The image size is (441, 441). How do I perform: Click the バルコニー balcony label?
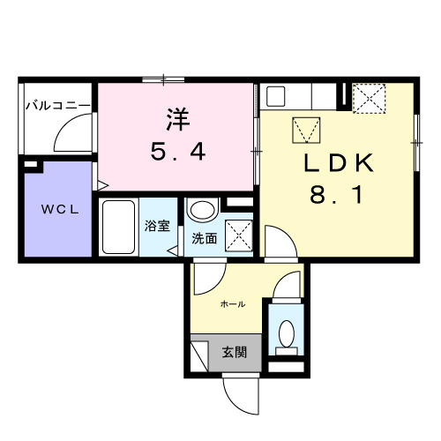(x=57, y=105)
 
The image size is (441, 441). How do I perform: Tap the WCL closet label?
(x=56, y=211)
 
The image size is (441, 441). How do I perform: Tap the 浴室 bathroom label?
(x=157, y=226)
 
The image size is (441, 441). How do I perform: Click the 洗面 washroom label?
(x=204, y=238)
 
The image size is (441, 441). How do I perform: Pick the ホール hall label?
(x=232, y=303)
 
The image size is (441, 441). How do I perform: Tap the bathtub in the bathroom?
(x=118, y=227)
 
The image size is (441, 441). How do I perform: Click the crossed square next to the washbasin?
(x=238, y=235)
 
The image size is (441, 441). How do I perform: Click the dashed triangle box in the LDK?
(x=308, y=131)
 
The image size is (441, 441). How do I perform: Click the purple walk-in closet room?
(x=56, y=212)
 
